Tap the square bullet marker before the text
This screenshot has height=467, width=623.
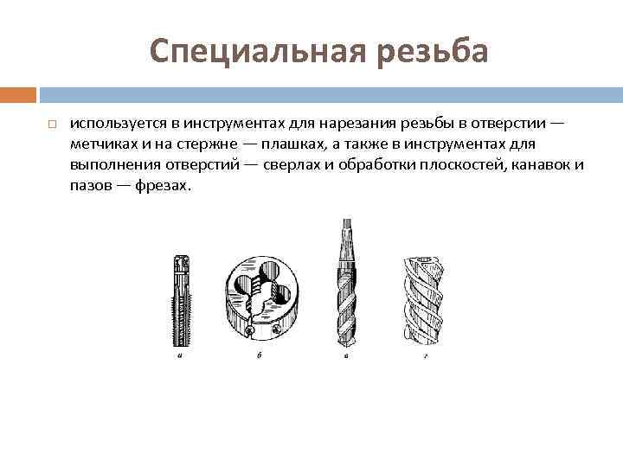point(52,125)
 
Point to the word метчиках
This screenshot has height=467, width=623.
point(102,144)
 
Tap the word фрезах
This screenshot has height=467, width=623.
point(162,185)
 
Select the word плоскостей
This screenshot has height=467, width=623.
point(459,164)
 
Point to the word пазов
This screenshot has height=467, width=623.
point(89,185)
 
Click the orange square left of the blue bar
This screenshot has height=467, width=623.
point(18,93)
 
